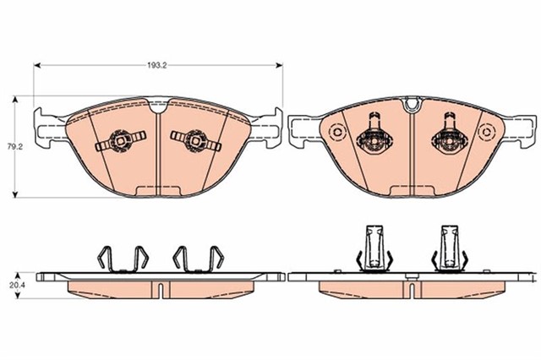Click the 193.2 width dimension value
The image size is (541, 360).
(157, 66)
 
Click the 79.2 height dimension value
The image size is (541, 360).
(15, 146)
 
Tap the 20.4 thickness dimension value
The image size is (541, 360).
(15, 285)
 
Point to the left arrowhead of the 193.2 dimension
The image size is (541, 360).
(37, 65)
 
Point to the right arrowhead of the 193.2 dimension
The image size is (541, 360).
(279, 65)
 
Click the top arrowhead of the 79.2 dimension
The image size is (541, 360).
(15, 100)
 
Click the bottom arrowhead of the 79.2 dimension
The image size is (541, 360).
(15, 194)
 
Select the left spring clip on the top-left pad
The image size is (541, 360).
(120, 140)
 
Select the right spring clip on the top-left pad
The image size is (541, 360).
(195, 140)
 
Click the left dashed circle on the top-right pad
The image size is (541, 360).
(336, 132)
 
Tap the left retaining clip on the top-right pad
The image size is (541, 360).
(374, 134)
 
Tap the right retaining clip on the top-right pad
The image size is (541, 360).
(449, 134)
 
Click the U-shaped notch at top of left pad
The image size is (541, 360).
(158, 106)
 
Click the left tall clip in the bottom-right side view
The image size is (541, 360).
(374, 248)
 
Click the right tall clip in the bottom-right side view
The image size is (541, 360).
(450, 248)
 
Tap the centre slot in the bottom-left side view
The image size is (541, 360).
(160, 290)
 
